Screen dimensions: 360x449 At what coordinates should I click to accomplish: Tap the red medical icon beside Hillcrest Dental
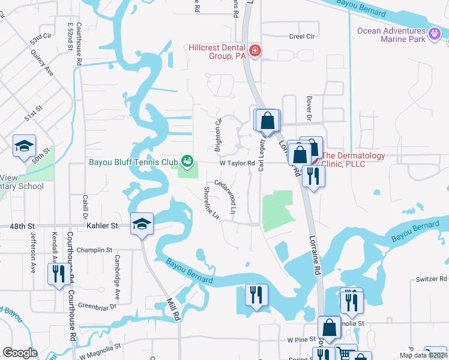(256, 51)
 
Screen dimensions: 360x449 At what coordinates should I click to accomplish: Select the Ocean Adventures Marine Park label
(390, 35)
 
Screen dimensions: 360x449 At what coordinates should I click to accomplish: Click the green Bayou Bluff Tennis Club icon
(188, 161)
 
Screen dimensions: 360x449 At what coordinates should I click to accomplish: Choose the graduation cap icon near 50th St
(25, 146)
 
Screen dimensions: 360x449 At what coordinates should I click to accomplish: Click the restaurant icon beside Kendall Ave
(58, 274)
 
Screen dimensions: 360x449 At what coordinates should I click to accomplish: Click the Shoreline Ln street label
(211, 203)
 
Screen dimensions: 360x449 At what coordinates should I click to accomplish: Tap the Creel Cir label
(301, 37)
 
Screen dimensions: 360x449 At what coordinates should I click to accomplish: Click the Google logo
(20, 352)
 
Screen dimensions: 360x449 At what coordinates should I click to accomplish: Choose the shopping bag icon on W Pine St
(329, 328)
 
